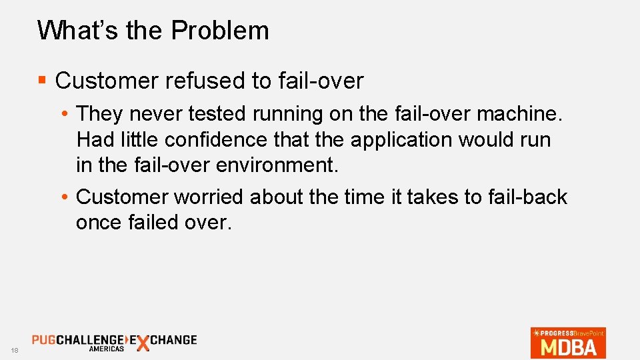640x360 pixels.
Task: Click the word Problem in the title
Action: (220, 31)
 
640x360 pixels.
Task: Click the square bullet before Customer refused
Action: (42, 81)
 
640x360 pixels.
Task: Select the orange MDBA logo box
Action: (568, 343)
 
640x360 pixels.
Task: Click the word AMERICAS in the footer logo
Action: (106, 349)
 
